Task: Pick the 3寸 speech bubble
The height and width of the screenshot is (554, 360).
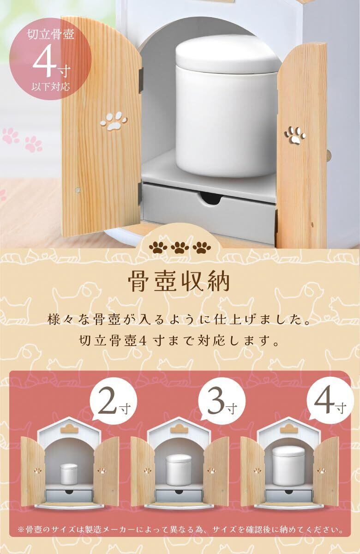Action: click(x=222, y=406)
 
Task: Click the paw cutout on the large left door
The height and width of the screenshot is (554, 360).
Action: click(x=114, y=120)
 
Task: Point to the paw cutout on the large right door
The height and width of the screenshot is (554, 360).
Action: click(x=295, y=135)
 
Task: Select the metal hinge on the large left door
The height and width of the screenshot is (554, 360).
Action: click(x=141, y=79)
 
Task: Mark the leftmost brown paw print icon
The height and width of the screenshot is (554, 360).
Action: click(x=158, y=247)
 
